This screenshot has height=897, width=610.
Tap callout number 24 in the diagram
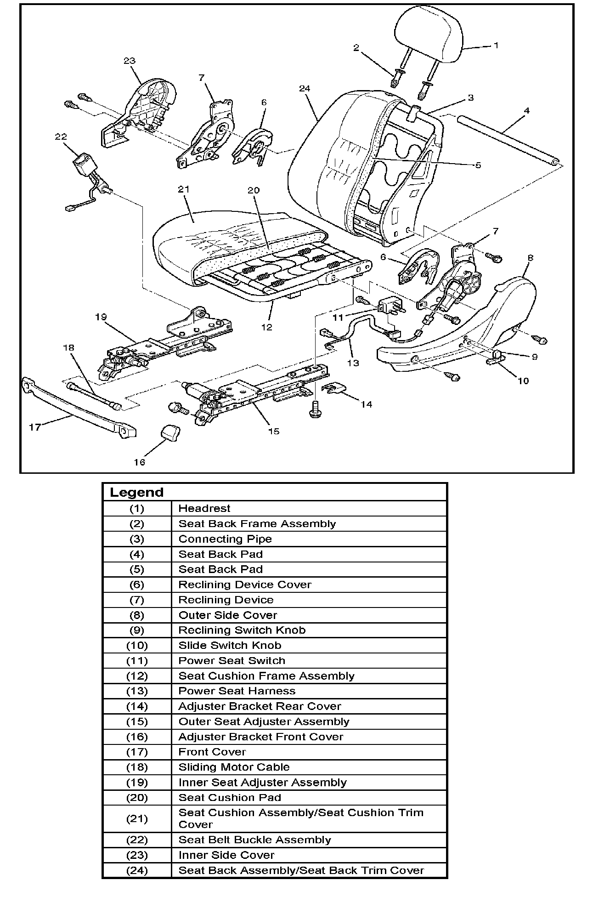tap(305, 89)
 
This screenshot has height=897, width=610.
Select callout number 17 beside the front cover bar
tap(35, 427)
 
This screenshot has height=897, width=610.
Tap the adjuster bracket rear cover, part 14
tap(334, 389)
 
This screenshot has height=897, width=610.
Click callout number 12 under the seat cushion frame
tap(267, 327)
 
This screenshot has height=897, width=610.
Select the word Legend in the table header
tap(136, 492)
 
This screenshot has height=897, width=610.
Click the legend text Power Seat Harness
tap(237, 691)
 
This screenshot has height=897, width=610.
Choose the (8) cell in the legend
tap(137, 615)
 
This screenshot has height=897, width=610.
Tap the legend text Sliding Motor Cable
tap(234, 767)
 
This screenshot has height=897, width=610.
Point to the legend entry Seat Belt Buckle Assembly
tap(254, 840)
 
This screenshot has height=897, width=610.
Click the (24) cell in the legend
tap(137, 870)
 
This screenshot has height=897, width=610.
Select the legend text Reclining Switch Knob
tap(242, 630)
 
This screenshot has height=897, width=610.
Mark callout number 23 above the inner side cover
tap(130, 61)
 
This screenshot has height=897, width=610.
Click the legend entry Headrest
tap(204, 509)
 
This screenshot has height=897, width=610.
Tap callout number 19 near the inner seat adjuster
tap(101, 317)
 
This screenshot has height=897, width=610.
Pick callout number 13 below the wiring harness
tap(353, 363)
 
